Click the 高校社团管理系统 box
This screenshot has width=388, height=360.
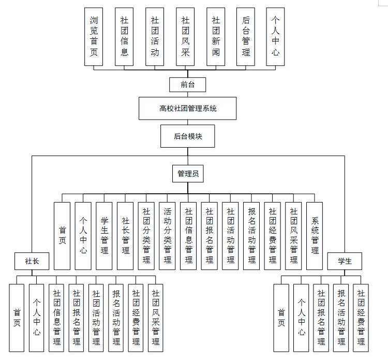pos(188,109)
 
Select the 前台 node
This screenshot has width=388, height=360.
pos(188,84)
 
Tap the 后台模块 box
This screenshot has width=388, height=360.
pos(188,137)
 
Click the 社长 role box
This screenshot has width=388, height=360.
pos(32,261)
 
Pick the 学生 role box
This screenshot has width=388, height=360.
pos(345,261)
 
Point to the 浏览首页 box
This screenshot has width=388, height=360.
pos(94,36)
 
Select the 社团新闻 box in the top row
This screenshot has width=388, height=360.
pos(216,36)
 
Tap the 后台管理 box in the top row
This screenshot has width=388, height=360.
pos(246,36)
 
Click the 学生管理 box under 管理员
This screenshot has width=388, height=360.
pos(104,236)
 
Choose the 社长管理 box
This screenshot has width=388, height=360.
pos(125,236)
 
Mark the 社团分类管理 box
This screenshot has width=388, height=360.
pos(146,236)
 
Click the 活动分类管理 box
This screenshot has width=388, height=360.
pos(167,236)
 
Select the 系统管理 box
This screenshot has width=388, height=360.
pos(315,236)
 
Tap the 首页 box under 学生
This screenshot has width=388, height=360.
pos(281,318)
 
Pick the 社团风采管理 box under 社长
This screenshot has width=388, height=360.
pos(156,318)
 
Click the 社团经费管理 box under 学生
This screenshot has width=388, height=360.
pos(361,318)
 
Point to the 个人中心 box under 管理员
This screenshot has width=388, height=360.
pos(83,236)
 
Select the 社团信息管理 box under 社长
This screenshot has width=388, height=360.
pos(57,318)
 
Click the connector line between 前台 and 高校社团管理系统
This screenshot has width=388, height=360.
pos(188,95)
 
